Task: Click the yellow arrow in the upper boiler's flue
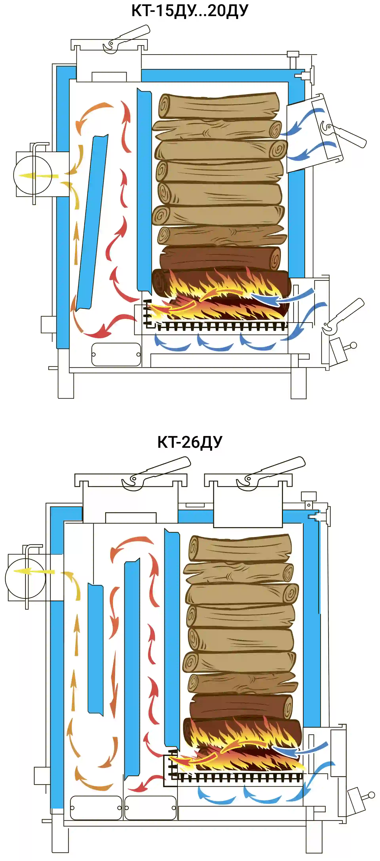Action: pyautogui.click(x=37, y=176)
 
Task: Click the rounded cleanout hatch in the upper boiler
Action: pyautogui.click(x=116, y=354)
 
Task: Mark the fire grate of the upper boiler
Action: pyautogui.click(x=221, y=326)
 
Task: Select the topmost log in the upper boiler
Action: pyautogui.click(x=219, y=106)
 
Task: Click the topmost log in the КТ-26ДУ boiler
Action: pyautogui.click(x=240, y=548)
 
